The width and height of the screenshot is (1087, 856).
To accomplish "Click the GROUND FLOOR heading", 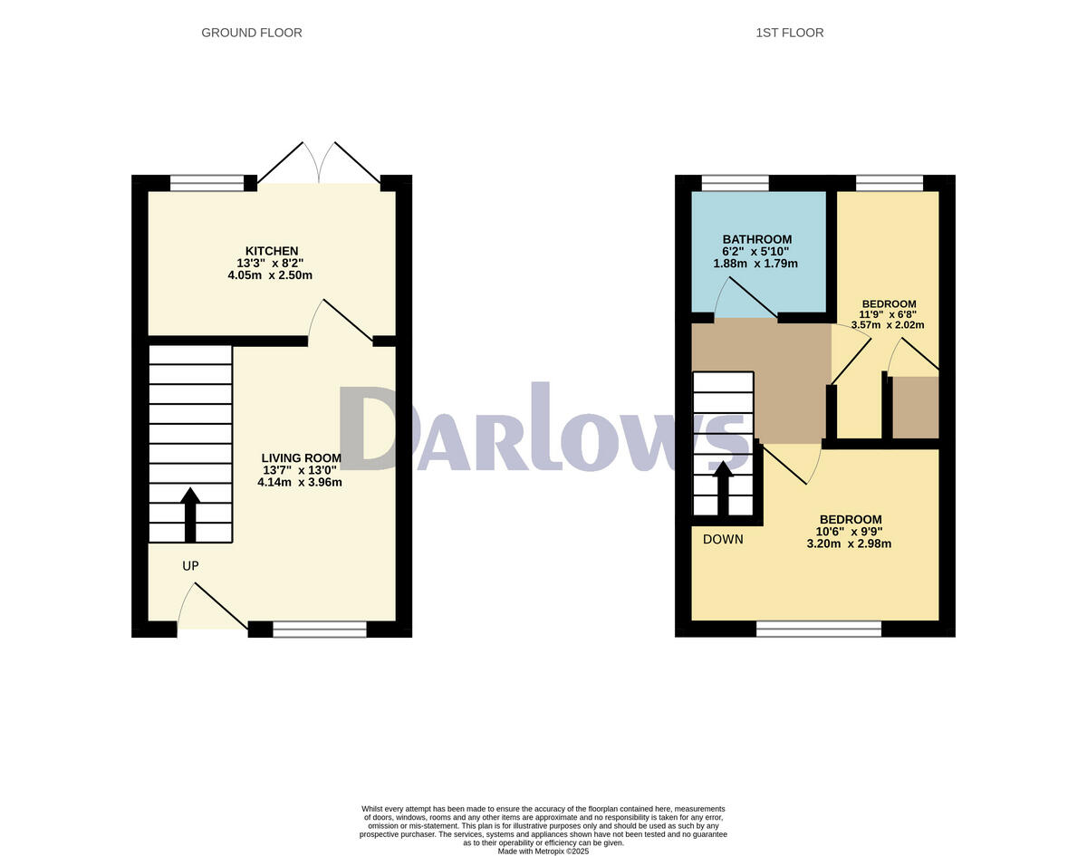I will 251,33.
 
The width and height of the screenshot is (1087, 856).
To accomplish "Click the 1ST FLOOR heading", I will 789,33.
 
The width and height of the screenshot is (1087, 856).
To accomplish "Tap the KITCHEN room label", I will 271,251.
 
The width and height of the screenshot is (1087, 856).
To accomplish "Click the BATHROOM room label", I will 756,239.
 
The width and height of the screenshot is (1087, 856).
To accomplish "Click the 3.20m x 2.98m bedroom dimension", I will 849,544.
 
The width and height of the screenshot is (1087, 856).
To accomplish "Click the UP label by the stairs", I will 190,566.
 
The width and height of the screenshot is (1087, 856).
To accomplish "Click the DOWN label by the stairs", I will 723,539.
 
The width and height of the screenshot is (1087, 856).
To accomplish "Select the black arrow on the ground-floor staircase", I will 190,515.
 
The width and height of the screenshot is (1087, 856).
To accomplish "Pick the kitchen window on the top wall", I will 207,183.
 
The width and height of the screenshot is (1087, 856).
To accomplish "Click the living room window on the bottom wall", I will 320,630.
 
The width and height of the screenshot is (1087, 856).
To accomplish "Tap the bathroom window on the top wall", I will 735,183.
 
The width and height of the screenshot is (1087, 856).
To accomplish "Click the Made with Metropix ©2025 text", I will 543,851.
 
